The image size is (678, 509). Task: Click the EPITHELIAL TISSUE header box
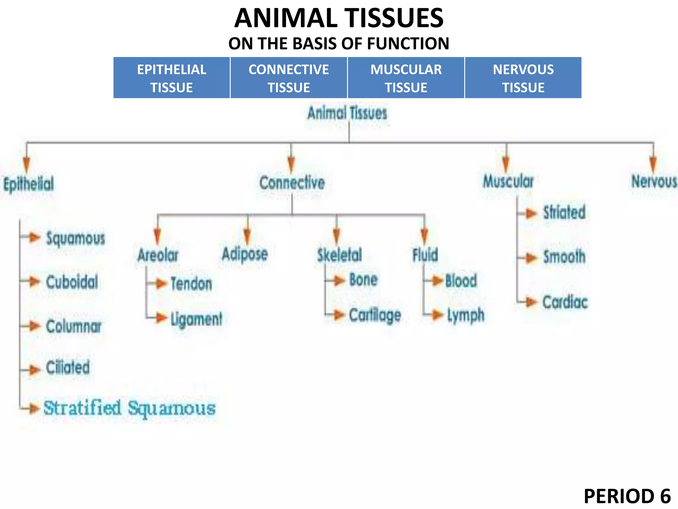point(171,78)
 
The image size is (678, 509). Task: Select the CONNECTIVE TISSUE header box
point(289,78)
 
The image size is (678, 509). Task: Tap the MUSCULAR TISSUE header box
point(406,78)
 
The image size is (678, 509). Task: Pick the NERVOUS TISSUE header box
point(523,78)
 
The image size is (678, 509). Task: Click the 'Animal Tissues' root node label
point(347,113)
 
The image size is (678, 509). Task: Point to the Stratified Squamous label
point(129,408)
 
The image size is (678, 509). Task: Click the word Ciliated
point(68,368)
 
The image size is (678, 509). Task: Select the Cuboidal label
point(72,282)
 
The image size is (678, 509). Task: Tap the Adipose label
point(245,254)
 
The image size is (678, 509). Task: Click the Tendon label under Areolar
point(191,284)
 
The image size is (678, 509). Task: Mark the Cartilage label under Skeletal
point(375,315)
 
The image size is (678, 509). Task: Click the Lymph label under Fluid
point(465,315)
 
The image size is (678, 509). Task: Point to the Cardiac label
point(565,302)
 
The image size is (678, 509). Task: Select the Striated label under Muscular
point(564,212)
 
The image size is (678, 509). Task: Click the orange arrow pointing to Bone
point(339,281)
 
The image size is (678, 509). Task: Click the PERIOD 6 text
point(627,496)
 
